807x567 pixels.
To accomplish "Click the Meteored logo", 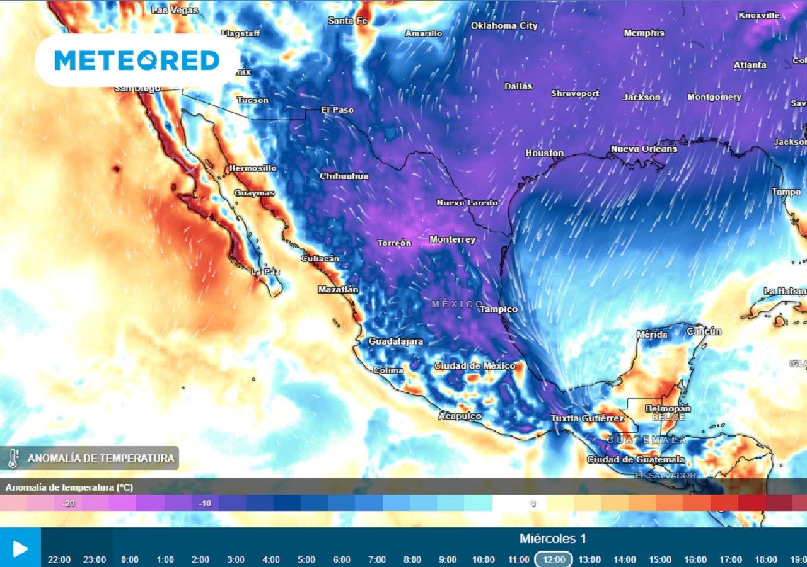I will [x=137, y=60].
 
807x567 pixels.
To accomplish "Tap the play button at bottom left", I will [x=20, y=548].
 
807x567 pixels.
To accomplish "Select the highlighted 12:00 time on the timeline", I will [x=554, y=559].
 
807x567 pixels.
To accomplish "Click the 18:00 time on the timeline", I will [x=765, y=559].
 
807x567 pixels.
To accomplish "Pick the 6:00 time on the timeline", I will [x=342, y=559].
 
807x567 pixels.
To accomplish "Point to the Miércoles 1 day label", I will [x=553, y=539].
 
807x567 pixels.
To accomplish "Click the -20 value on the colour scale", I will [x=68, y=503].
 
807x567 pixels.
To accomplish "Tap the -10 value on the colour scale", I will [x=204, y=503].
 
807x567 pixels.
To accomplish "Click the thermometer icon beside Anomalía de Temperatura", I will [x=13, y=458].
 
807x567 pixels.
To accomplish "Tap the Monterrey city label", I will [x=452, y=239].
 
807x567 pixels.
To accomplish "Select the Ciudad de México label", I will [x=474, y=366].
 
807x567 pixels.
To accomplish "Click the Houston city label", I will [x=545, y=153].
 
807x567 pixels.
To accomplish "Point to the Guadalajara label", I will [x=396, y=341].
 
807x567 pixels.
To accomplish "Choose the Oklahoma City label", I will [x=504, y=26].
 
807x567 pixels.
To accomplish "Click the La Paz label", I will [x=265, y=272].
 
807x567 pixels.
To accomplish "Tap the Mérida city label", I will [x=652, y=335].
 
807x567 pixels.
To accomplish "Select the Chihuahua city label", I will [x=344, y=176].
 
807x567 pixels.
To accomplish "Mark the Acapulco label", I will [x=460, y=416].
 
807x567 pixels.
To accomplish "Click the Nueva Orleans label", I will [x=644, y=149].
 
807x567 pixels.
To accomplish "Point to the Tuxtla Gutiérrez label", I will [x=588, y=418].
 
